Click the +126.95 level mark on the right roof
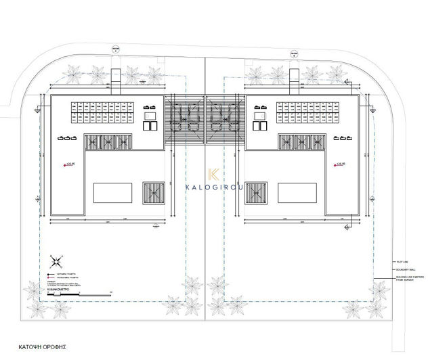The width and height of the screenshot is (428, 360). (339, 163)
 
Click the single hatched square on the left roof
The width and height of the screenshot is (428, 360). (153, 192)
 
